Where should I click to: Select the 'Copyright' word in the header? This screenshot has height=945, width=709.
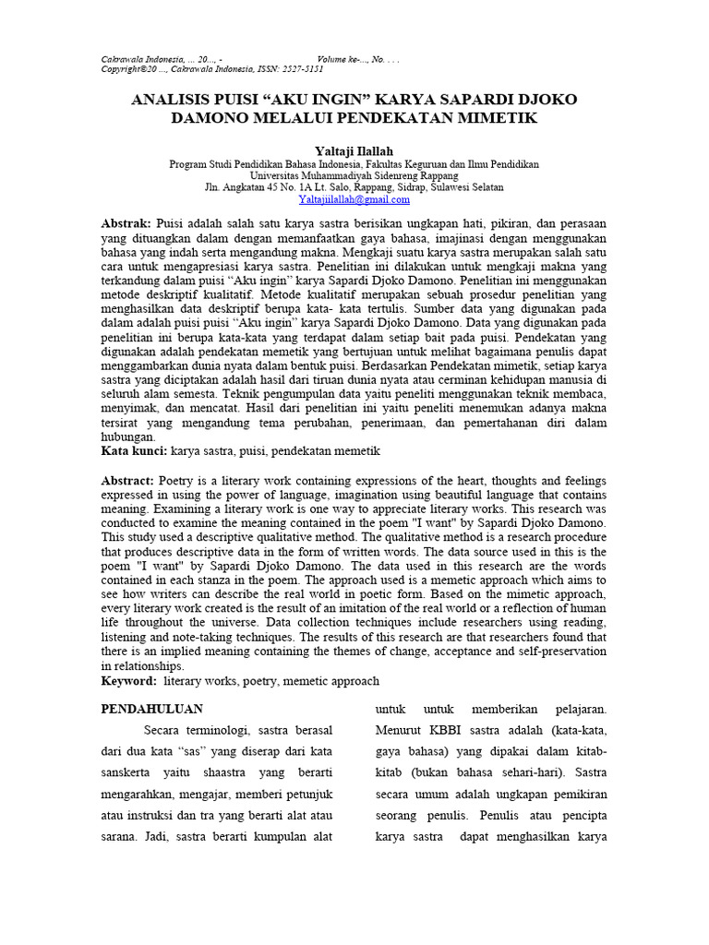[x=123, y=68]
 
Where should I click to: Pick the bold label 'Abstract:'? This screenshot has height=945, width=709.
[x=127, y=480]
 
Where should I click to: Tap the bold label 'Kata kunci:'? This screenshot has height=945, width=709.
[x=134, y=450]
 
